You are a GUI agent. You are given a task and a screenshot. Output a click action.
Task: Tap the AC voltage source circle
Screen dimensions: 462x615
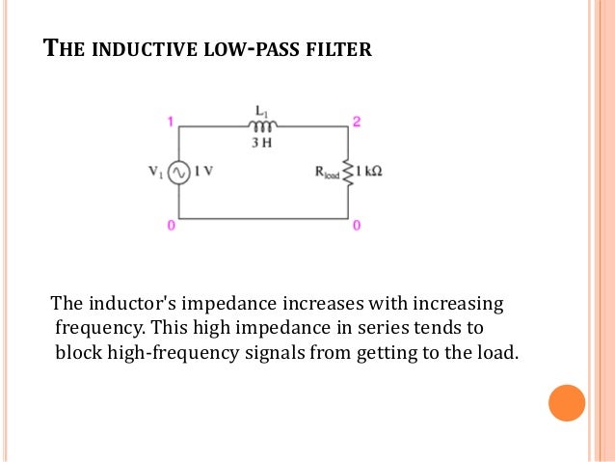pos(178,173)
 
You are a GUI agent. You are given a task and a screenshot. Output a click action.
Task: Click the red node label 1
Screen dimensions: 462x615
pos(171,122)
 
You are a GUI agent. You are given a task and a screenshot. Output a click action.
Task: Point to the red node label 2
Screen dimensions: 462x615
pos(356,122)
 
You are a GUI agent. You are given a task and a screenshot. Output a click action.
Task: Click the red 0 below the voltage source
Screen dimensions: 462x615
pos(171,226)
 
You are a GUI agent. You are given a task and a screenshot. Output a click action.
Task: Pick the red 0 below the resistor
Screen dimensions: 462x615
pos(356,226)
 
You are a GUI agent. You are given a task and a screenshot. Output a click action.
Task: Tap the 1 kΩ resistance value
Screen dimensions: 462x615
pos(369,173)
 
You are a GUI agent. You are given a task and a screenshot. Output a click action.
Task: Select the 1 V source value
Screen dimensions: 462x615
pos(202,173)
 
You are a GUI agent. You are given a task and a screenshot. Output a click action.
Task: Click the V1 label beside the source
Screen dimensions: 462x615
pos(155,173)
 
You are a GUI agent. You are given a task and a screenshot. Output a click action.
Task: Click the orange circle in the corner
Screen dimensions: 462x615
pos(567,402)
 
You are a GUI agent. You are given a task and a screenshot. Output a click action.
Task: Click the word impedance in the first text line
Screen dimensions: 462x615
pos(191,304)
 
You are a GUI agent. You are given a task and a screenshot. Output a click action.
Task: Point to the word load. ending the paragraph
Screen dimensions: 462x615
pos(496,352)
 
